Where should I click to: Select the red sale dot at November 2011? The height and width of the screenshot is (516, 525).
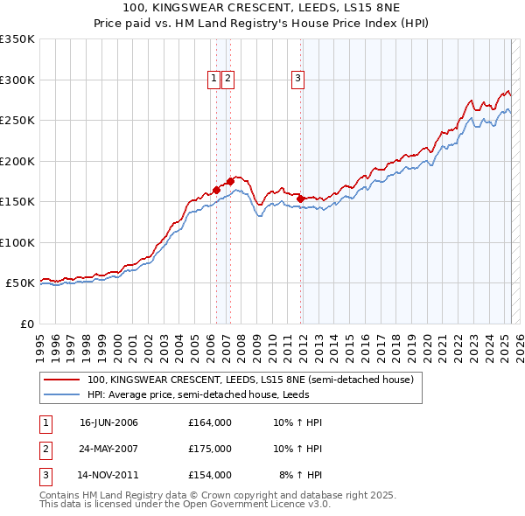click(300, 198)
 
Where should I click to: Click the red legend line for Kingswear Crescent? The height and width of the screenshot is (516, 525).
click(62, 380)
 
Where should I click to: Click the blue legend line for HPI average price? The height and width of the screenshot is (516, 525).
click(62, 395)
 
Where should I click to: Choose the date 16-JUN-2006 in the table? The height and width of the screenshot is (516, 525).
click(108, 422)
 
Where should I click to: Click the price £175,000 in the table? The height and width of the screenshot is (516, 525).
click(210, 449)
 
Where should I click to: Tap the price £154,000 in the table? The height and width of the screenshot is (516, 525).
click(210, 475)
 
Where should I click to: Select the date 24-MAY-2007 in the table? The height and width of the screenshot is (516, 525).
click(108, 449)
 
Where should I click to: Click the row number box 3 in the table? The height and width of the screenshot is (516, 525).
click(45, 475)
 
